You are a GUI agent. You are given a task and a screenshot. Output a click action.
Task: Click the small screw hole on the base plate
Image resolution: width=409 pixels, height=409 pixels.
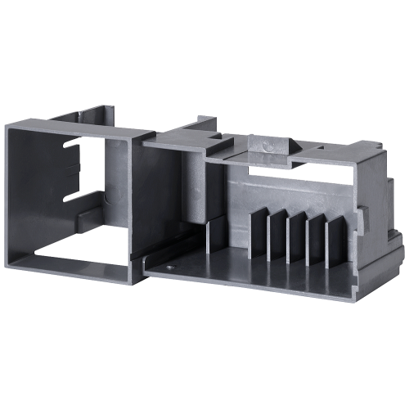pyautogui.click(x=169, y=266)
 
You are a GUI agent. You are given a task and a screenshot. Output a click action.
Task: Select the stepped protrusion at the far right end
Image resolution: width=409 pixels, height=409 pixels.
pyautogui.click(x=393, y=245)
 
